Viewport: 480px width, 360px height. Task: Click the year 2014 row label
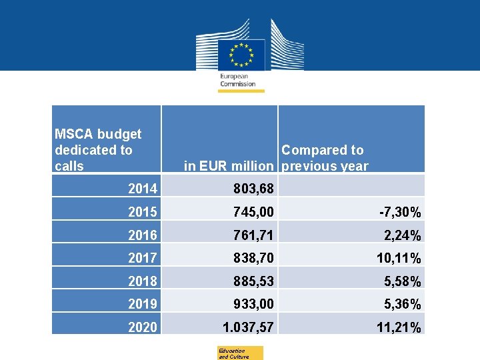point(143,189)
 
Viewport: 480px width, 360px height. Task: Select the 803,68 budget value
point(253,189)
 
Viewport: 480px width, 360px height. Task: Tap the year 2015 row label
point(143,213)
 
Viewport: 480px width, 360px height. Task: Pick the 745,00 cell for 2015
point(253,213)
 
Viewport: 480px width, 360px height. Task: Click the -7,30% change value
point(400,213)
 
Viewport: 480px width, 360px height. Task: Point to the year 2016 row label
point(143,235)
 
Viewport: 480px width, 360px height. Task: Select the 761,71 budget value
point(253,235)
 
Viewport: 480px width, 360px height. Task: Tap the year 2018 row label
point(143,281)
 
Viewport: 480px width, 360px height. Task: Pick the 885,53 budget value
point(253,281)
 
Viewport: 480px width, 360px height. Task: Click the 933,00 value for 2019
point(253,305)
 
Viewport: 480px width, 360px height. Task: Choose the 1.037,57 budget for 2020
point(248,327)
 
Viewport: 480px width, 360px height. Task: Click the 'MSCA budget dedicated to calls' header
point(98,150)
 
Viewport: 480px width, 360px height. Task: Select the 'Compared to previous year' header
point(325,158)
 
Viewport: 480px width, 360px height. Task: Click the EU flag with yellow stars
point(241,54)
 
